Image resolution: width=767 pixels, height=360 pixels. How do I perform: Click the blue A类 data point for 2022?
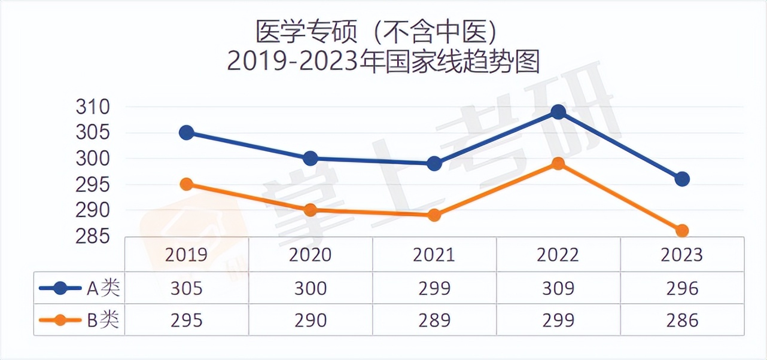click(558, 112)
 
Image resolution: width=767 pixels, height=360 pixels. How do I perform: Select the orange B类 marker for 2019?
click(187, 184)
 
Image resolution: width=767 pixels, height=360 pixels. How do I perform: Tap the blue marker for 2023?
click(682, 179)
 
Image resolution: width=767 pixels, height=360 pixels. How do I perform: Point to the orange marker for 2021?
click(434, 215)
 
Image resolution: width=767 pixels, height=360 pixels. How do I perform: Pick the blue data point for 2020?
click(311, 158)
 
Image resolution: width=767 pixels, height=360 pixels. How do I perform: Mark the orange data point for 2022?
click(558, 163)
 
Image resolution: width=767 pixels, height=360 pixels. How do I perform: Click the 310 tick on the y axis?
click(93, 108)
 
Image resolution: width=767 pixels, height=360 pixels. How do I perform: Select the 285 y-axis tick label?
click(93, 237)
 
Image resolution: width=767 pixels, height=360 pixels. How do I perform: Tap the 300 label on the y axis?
click(93, 159)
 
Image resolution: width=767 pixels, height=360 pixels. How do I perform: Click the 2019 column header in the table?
click(187, 255)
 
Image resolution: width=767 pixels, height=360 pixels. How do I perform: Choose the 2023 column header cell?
click(682, 255)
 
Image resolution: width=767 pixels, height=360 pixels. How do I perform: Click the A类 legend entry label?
click(104, 289)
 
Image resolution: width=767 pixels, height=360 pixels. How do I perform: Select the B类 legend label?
click(104, 321)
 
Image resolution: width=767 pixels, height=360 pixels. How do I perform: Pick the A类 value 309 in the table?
click(558, 289)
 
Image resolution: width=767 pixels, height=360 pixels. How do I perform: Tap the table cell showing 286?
click(682, 321)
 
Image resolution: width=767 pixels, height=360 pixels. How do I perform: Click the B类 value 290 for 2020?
click(311, 321)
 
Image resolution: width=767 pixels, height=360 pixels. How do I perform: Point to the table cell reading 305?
click(187, 289)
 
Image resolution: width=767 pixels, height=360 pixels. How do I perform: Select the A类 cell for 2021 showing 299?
click(434, 289)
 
